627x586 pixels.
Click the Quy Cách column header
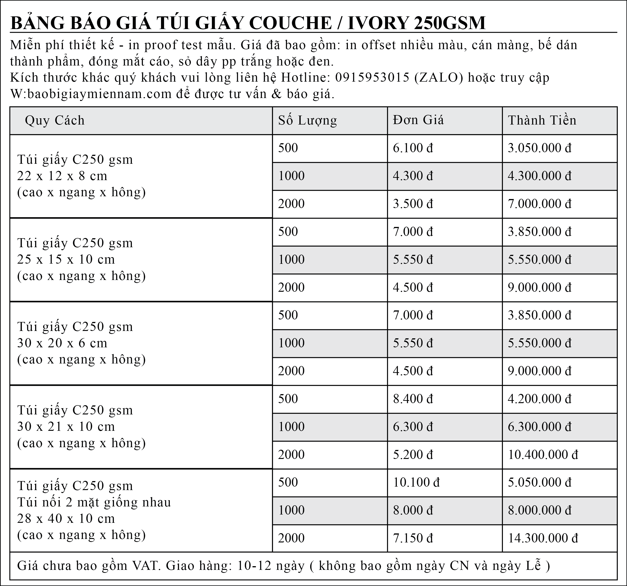(55, 120)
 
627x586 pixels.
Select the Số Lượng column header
(307, 120)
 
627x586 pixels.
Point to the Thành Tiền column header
(542, 120)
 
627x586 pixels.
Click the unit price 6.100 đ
(413, 148)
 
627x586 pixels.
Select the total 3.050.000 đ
(539, 148)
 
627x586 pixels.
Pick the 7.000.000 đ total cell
(539, 204)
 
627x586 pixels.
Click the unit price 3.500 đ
(413, 204)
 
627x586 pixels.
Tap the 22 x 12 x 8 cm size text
(62, 176)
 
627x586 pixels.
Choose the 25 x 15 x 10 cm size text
(66, 259)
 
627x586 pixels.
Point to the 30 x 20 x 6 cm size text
(62, 343)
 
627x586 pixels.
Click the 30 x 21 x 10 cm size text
(66, 426)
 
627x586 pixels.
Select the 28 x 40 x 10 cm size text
(66, 518)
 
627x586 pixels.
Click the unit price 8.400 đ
(413, 399)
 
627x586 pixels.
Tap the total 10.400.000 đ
(543, 455)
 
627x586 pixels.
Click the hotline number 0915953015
(372, 77)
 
